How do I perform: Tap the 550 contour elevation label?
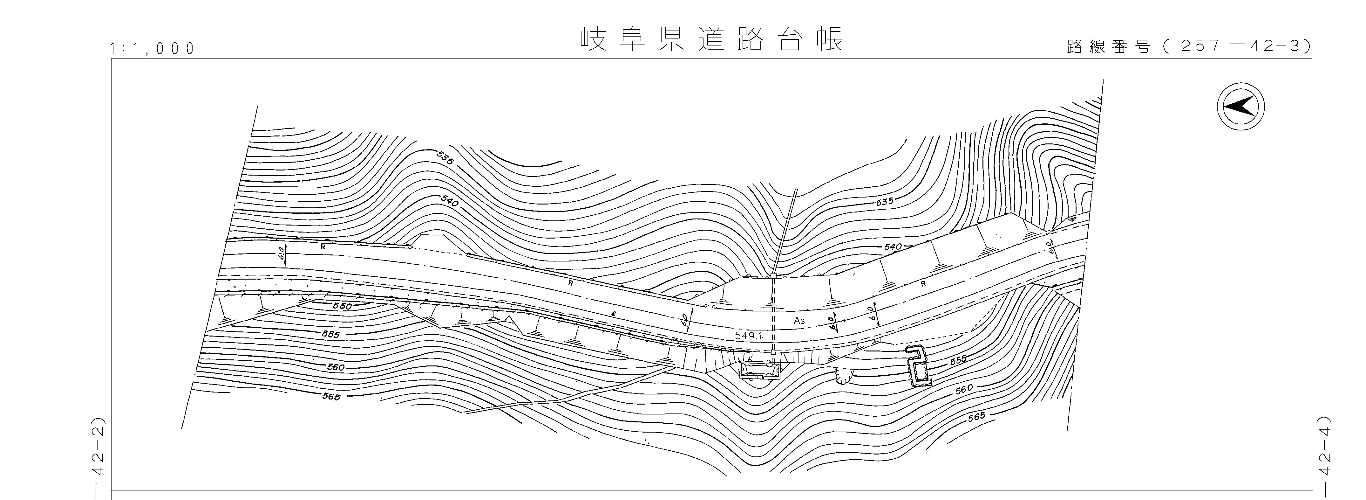[343, 306]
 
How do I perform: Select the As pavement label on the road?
[799, 321]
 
